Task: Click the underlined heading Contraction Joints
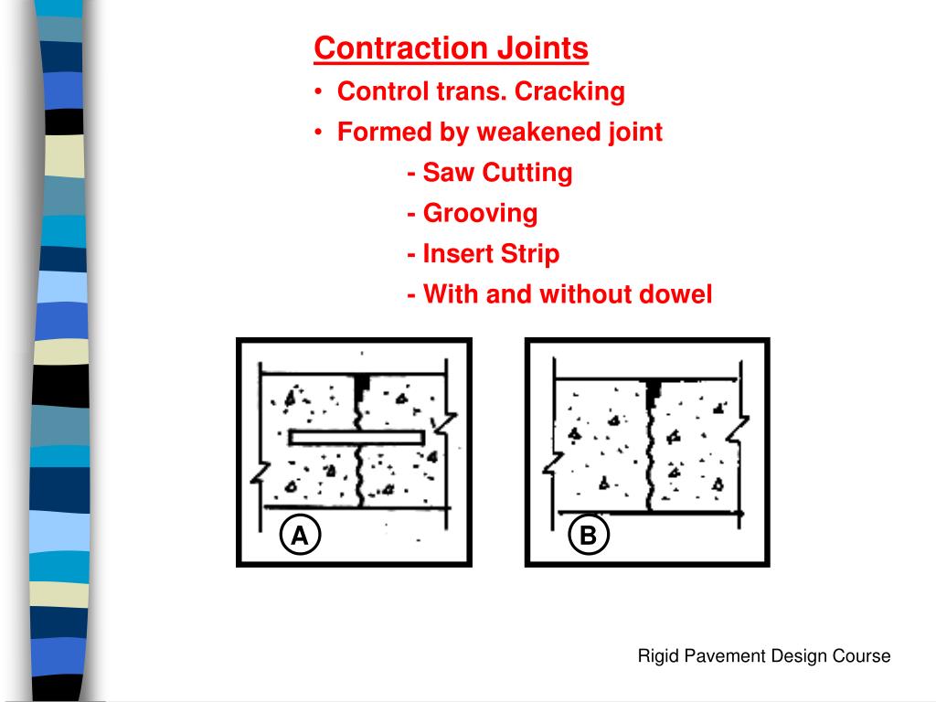(451, 48)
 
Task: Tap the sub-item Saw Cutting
(490, 173)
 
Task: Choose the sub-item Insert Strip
(484, 254)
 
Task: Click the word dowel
(675, 294)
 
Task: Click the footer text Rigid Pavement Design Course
(763, 656)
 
